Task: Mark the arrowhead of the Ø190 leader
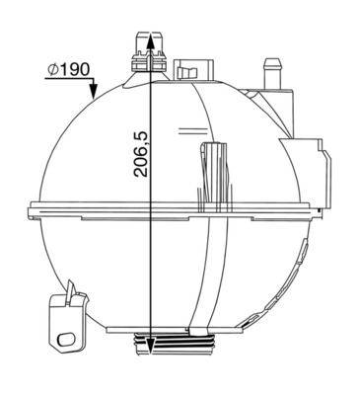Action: tap(93, 98)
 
